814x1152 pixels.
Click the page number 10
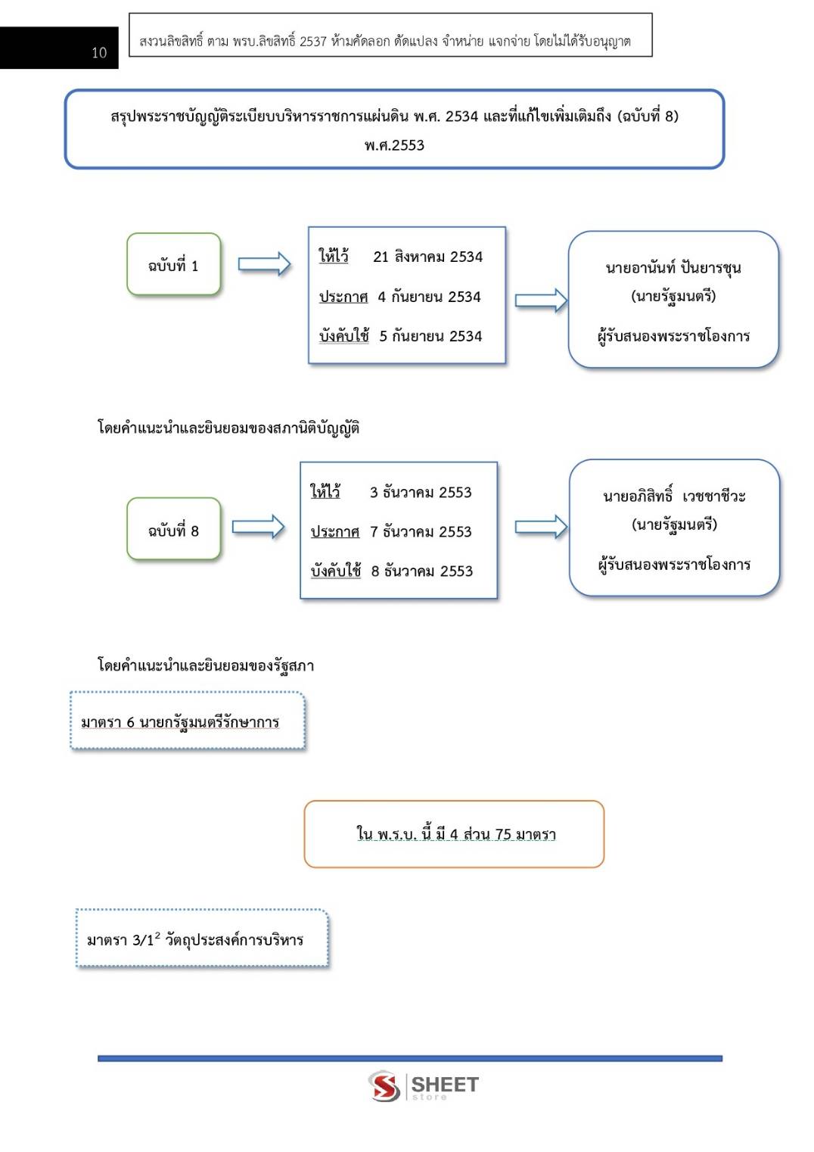(x=99, y=52)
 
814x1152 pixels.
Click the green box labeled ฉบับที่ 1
(x=174, y=264)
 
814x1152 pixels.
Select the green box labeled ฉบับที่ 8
(x=174, y=528)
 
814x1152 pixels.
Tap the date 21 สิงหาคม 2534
(x=427, y=257)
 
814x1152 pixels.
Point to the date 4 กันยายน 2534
(x=429, y=297)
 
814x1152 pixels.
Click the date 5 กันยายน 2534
(x=430, y=336)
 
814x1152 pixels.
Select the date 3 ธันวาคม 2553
(x=421, y=492)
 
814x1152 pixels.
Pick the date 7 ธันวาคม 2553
(x=421, y=531)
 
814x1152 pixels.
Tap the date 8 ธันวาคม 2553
(x=422, y=571)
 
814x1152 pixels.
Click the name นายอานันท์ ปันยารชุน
(x=673, y=268)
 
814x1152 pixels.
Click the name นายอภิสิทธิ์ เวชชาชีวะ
(x=674, y=497)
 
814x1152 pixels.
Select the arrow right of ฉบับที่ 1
(x=264, y=264)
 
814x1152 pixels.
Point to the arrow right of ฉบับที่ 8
(x=258, y=527)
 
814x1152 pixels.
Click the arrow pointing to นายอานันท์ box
(x=541, y=300)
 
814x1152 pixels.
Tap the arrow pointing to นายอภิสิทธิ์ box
(x=541, y=527)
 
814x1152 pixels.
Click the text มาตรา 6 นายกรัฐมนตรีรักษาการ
(x=180, y=723)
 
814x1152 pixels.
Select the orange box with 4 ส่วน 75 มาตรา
(x=454, y=833)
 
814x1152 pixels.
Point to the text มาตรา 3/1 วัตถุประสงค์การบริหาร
(x=195, y=939)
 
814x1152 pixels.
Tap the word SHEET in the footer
(x=445, y=1084)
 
